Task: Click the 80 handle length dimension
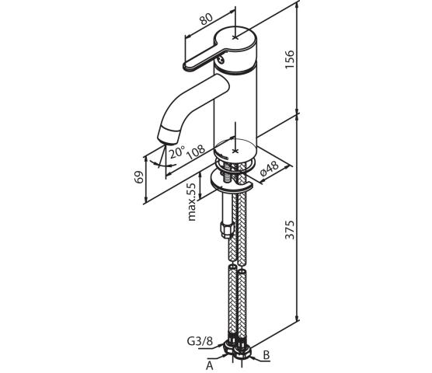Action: [206, 19]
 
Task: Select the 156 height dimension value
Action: [290, 60]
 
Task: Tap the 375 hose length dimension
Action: [290, 229]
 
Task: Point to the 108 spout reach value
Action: [196, 152]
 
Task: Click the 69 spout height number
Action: [139, 177]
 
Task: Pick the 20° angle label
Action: [176, 152]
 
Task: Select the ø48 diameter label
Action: [269, 169]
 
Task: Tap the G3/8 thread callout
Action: [200, 341]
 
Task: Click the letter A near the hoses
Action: [210, 365]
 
